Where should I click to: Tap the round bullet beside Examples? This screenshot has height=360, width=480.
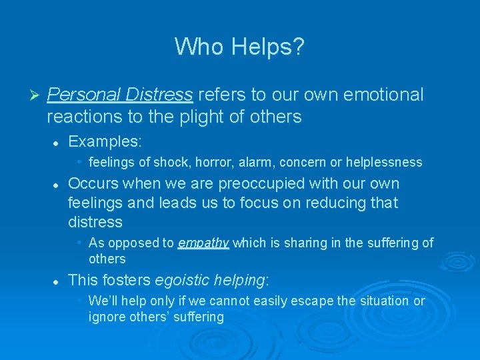point(57,143)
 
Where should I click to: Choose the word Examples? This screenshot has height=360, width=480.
point(105,142)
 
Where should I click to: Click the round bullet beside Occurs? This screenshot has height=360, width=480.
point(57,184)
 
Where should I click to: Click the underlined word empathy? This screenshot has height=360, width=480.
point(203,243)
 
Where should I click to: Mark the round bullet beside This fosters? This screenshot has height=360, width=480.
point(57,281)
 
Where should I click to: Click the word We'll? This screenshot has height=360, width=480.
point(104,301)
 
